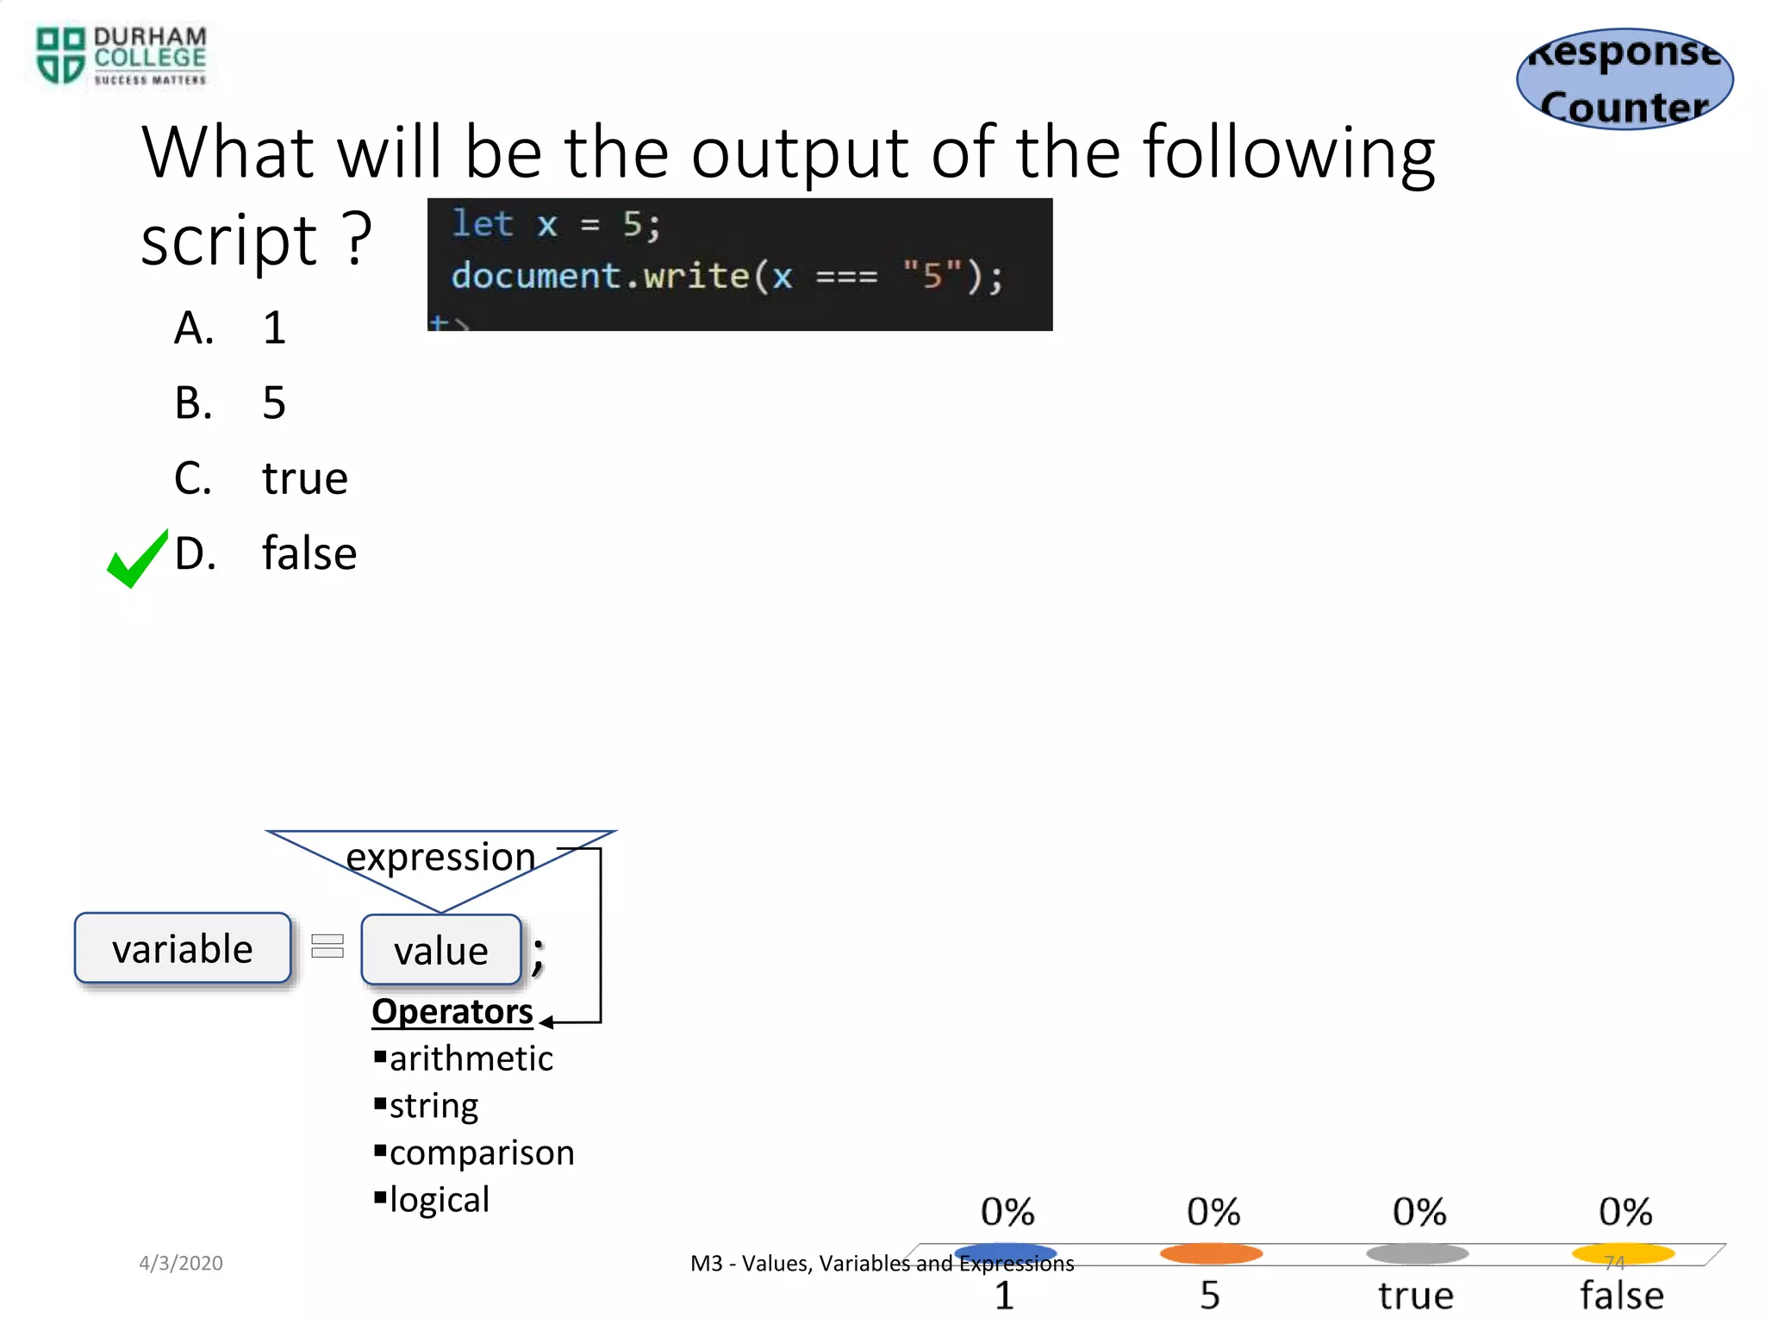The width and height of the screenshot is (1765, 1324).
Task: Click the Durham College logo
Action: coord(121,56)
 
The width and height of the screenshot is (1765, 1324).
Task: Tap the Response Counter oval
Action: coord(1625,79)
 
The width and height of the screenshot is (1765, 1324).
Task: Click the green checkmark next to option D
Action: coord(136,559)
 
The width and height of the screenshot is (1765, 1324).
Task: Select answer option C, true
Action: coord(304,478)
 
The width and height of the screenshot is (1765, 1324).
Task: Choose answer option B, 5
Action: coord(273,403)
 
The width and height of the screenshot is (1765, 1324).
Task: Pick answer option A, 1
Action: coord(273,328)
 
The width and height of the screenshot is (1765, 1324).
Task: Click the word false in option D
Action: coord(309,553)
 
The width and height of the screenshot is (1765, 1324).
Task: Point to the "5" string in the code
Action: coord(932,276)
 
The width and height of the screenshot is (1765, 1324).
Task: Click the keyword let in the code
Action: coord(483,224)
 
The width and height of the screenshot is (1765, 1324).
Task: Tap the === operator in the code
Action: coord(846,277)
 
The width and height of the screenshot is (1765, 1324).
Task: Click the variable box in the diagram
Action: coord(183,948)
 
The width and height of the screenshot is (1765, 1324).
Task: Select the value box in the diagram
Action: coord(441,950)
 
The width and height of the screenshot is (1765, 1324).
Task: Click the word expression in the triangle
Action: coord(440,857)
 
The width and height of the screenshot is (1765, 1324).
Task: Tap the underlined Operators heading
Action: coord(452,1011)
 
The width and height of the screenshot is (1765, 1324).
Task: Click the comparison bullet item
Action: coord(481,1152)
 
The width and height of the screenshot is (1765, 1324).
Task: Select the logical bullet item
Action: coord(439,1199)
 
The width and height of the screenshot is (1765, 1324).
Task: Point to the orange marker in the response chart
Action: coord(1211,1253)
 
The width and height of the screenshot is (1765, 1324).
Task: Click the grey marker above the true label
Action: coord(1417,1253)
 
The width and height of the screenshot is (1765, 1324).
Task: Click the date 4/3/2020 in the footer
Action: coord(181,1263)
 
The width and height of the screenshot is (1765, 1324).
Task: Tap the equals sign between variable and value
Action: coord(327,946)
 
